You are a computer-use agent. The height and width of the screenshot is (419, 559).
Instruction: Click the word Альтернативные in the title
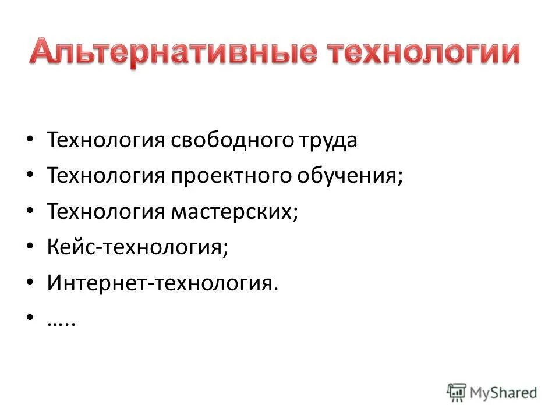[174, 54]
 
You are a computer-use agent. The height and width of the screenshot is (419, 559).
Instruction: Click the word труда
[327, 140]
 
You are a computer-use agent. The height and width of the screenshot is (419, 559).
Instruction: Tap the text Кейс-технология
[137, 248]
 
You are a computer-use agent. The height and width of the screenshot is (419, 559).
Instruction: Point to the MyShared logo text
[504, 393]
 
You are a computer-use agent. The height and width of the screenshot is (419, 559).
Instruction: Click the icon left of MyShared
[457, 392]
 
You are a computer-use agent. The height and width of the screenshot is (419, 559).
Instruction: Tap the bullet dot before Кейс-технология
[31, 248]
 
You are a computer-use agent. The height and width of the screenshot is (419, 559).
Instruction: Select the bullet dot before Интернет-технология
[31, 285]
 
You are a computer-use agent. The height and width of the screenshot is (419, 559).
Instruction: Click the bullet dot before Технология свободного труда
[31, 140]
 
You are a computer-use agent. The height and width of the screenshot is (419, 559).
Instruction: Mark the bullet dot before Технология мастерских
[31, 212]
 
